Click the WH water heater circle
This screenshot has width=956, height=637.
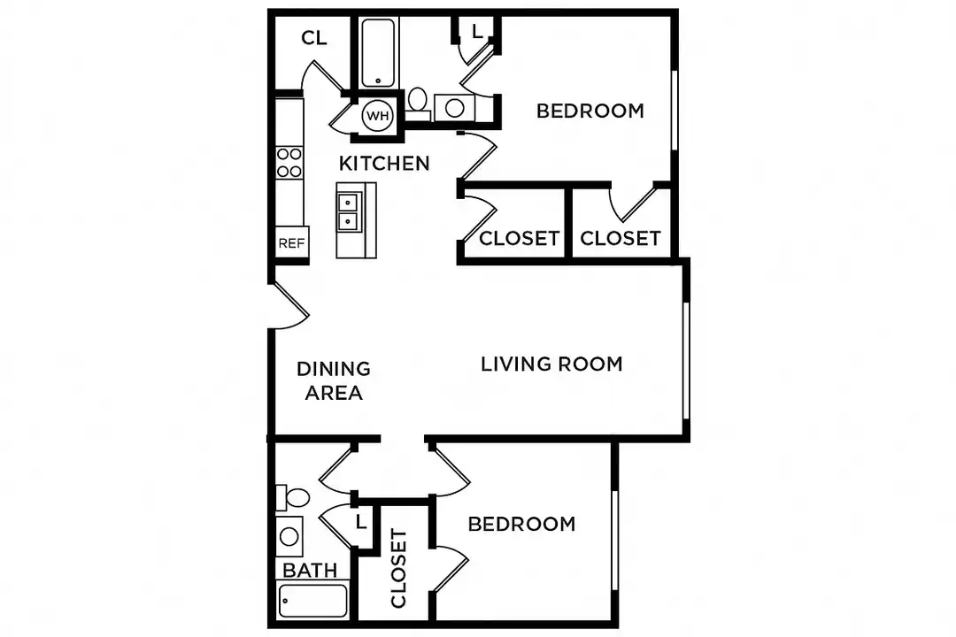point(377,115)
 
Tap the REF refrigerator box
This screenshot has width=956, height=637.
point(291,243)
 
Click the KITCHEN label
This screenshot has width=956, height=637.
point(384,164)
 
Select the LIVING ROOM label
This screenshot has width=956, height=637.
point(551,364)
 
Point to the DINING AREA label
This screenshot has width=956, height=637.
point(334,381)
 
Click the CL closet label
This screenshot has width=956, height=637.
point(314,38)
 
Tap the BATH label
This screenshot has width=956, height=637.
point(310,571)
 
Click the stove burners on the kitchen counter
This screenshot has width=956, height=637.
point(289,163)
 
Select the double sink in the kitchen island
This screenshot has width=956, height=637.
point(348,211)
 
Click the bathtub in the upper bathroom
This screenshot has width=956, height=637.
point(378,52)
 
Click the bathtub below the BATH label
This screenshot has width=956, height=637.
point(312,601)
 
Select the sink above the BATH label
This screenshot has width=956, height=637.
point(289,536)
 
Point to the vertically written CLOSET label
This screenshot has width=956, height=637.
point(398,569)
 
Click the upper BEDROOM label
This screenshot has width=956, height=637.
point(590,111)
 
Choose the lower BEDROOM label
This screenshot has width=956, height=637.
point(522,525)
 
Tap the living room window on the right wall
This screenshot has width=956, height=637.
point(686,361)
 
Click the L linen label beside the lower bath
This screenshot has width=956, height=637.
point(361,522)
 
